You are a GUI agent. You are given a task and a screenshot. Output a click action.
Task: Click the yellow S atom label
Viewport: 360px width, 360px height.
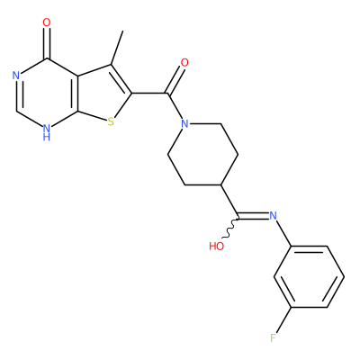point(111,122)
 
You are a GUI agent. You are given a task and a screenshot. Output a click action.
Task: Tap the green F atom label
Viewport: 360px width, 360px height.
point(273,338)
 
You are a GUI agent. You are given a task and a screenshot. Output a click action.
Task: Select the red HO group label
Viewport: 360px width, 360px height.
point(217,247)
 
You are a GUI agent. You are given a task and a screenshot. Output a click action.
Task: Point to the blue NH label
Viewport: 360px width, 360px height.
point(46,132)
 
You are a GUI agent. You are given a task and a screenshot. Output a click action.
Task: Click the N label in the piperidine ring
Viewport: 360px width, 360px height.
point(185,123)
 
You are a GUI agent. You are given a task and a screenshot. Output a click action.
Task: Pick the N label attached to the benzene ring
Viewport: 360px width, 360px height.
point(273,215)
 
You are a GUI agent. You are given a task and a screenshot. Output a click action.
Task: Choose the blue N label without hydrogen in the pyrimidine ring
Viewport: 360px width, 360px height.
point(16,76)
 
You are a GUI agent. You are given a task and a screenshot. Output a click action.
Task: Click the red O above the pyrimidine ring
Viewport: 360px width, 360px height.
point(47,22)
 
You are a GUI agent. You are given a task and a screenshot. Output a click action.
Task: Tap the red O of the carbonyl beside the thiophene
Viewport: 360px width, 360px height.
point(184,63)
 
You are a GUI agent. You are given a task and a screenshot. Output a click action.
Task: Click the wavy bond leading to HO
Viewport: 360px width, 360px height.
point(230,229)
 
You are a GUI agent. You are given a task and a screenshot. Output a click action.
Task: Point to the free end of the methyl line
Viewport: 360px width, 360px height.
point(122,31)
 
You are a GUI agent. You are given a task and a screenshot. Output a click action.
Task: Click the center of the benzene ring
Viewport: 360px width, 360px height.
point(309,277)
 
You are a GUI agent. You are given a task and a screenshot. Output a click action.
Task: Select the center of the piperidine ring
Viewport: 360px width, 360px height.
point(202,154)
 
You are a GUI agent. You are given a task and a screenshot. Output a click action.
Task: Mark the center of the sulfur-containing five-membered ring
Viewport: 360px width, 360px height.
point(101,94)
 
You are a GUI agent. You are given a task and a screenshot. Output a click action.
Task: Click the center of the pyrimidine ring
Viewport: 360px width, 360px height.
point(47,94)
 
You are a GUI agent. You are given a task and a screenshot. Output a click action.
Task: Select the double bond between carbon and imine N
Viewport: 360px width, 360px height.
point(254,216)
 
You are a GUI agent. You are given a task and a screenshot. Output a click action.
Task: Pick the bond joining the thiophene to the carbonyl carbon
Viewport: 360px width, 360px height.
point(149,94)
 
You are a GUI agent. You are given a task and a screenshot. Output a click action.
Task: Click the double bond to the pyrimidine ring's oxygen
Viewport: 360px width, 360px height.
point(47,43)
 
